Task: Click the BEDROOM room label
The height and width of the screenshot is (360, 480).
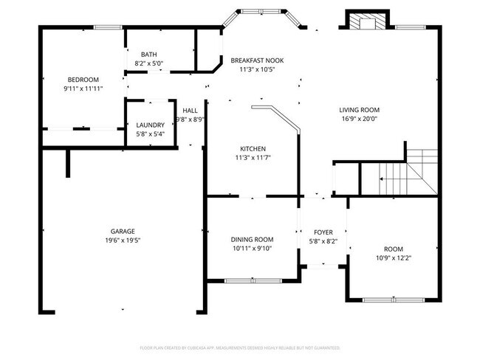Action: pyautogui.click(x=83, y=80)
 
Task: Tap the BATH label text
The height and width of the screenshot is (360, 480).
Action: pyautogui.click(x=148, y=55)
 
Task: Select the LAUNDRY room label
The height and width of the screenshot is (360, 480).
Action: pyautogui.click(x=150, y=125)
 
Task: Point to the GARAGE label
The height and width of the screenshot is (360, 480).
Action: pyautogui.click(x=123, y=231)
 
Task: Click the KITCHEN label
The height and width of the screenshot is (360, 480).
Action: pyautogui.click(x=253, y=148)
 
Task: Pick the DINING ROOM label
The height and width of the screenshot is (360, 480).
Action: pyautogui.click(x=253, y=240)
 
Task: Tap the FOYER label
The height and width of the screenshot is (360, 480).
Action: pyautogui.click(x=323, y=232)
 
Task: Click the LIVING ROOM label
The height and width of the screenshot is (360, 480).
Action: pyautogui.click(x=359, y=110)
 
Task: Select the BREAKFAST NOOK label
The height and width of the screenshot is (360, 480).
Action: pyautogui.click(x=257, y=60)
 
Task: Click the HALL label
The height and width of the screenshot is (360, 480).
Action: pyautogui.click(x=190, y=110)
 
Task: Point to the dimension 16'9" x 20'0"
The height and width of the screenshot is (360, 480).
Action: pyautogui.click(x=359, y=119)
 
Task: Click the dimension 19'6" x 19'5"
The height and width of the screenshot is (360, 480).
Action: pyautogui.click(x=123, y=240)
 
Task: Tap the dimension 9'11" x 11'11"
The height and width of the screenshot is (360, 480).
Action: pyautogui.click(x=83, y=89)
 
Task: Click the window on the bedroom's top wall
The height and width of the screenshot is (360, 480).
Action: pyautogui.click(x=107, y=28)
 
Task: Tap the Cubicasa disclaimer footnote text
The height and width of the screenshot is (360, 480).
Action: pyautogui.click(x=239, y=347)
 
